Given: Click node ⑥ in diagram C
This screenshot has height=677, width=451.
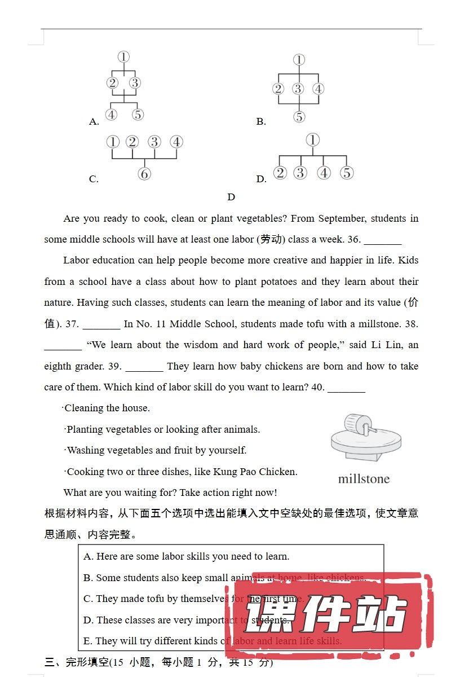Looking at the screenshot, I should [x=144, y=174].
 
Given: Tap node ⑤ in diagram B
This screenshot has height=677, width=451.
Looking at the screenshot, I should [x=299, y=117].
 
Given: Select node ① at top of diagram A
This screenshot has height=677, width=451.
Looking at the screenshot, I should [x=124, y=56].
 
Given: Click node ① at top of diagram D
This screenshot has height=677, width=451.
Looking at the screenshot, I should [x=312, y=140].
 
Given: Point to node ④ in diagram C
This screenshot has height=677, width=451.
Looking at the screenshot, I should [x=176, y=142].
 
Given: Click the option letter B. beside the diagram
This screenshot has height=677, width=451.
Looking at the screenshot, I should [x=261, y=121].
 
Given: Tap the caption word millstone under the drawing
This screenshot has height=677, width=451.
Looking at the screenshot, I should [x=364, y=479].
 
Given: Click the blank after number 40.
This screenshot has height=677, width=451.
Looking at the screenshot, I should [x=346, y=388].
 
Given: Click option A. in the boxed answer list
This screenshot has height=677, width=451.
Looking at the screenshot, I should [x=89, y=556].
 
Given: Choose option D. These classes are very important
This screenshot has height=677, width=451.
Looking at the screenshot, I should [x=186, y=620].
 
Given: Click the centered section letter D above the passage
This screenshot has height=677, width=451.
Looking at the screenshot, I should [x=231, y=197].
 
